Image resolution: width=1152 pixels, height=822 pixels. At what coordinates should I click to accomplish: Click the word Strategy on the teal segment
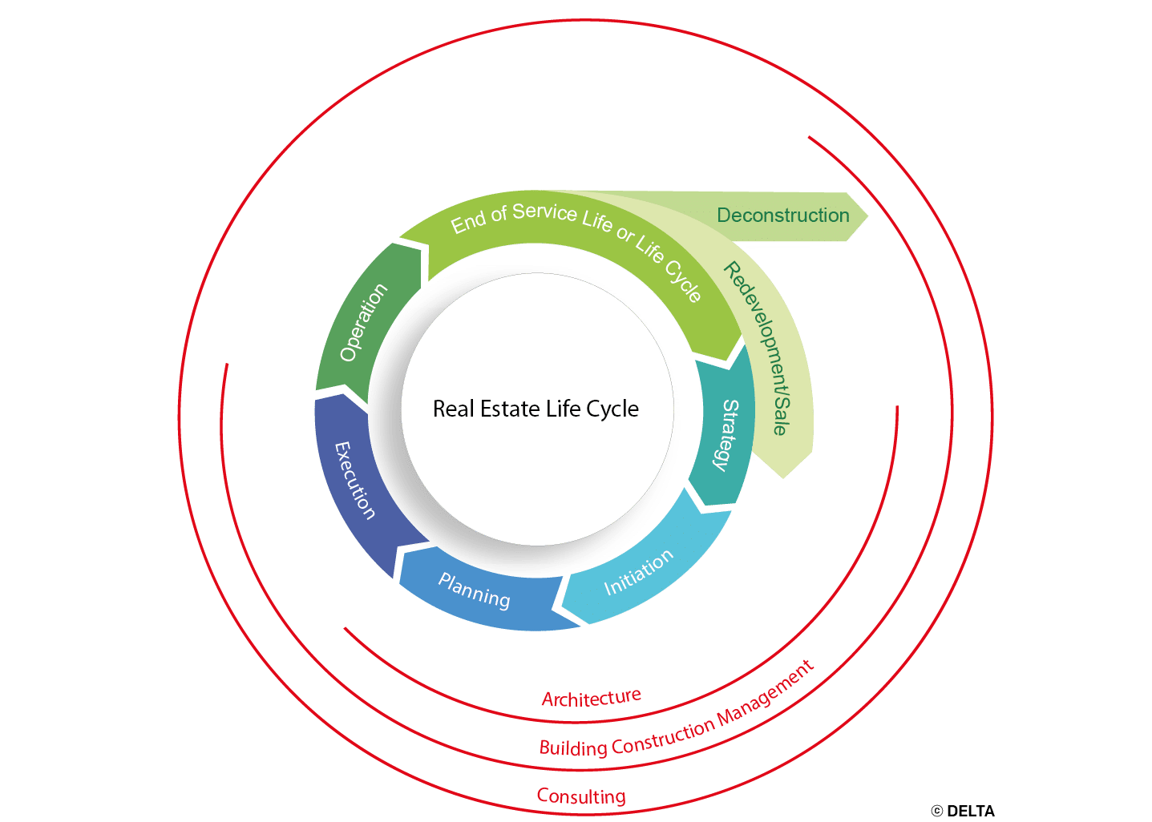pos(727,435)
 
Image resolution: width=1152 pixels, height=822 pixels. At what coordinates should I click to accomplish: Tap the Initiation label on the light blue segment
pos(638,572)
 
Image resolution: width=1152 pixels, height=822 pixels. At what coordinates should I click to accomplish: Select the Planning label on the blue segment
pos(474,590)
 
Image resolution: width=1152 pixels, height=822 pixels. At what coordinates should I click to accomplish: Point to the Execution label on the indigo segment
pos(355,481)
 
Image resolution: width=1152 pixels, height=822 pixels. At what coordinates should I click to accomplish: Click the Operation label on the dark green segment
pos(364,322)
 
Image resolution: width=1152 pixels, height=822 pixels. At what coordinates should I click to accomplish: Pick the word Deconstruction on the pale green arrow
pos(782,216)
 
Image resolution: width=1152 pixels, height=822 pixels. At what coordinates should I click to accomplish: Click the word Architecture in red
pos(592,698)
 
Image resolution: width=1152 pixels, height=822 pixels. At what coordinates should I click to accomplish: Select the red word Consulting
pos(581,796)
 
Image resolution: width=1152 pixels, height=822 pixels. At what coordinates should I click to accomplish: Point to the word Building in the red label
pos(573,748)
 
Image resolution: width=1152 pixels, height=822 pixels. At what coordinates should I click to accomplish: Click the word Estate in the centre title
pos(508,409)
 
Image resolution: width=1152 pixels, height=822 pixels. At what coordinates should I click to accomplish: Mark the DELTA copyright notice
pos(962,811)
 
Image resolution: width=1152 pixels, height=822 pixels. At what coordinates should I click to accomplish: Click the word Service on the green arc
pos(544,212)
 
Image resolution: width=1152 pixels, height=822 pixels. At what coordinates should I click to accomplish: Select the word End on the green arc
pos(467,223)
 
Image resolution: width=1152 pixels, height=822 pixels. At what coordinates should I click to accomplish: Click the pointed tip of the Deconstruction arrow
pos(868,216)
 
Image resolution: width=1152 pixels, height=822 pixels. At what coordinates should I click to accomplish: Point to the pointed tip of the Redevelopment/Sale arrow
pos(782,478)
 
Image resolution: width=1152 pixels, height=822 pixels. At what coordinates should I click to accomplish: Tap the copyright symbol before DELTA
pos(937,812)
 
